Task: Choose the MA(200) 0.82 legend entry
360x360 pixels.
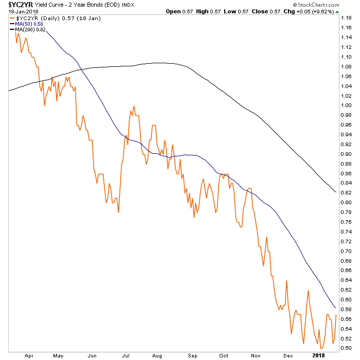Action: point(29,30)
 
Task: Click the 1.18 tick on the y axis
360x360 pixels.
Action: point(347,18)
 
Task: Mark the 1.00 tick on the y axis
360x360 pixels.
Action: point(347,105)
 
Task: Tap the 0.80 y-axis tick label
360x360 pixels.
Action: point(347,203)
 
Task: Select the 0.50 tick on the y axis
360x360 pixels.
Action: point(347,348)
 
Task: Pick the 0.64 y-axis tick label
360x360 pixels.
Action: point(347,280)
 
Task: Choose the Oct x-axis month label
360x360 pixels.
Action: point(224,355)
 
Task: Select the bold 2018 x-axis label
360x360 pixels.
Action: point(319,355)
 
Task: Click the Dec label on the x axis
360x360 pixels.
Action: point(287,355)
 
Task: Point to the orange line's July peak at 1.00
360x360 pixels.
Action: point(134,106)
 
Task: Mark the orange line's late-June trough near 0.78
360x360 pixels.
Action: point(118,212)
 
